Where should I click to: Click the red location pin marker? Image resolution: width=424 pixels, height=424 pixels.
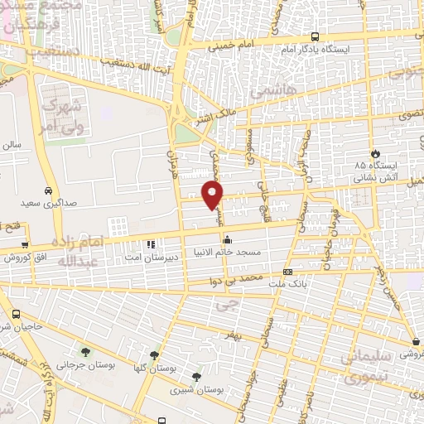213,194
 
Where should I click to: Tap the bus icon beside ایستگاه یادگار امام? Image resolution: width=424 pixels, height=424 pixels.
316,36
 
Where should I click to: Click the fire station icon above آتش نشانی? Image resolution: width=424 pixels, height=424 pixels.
376,154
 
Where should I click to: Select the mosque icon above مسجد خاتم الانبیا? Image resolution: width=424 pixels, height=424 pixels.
227,239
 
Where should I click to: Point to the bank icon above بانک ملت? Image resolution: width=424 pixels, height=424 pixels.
287,272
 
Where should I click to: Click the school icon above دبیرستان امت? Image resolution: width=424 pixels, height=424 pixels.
150,244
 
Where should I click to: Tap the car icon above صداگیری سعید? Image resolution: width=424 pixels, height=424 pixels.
50,190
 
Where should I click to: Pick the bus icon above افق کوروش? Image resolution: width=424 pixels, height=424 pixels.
26,245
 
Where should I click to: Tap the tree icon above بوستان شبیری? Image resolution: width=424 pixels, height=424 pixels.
196,376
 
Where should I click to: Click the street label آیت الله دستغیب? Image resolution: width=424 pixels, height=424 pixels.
135,62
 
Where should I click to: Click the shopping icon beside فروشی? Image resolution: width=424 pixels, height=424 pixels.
415,342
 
